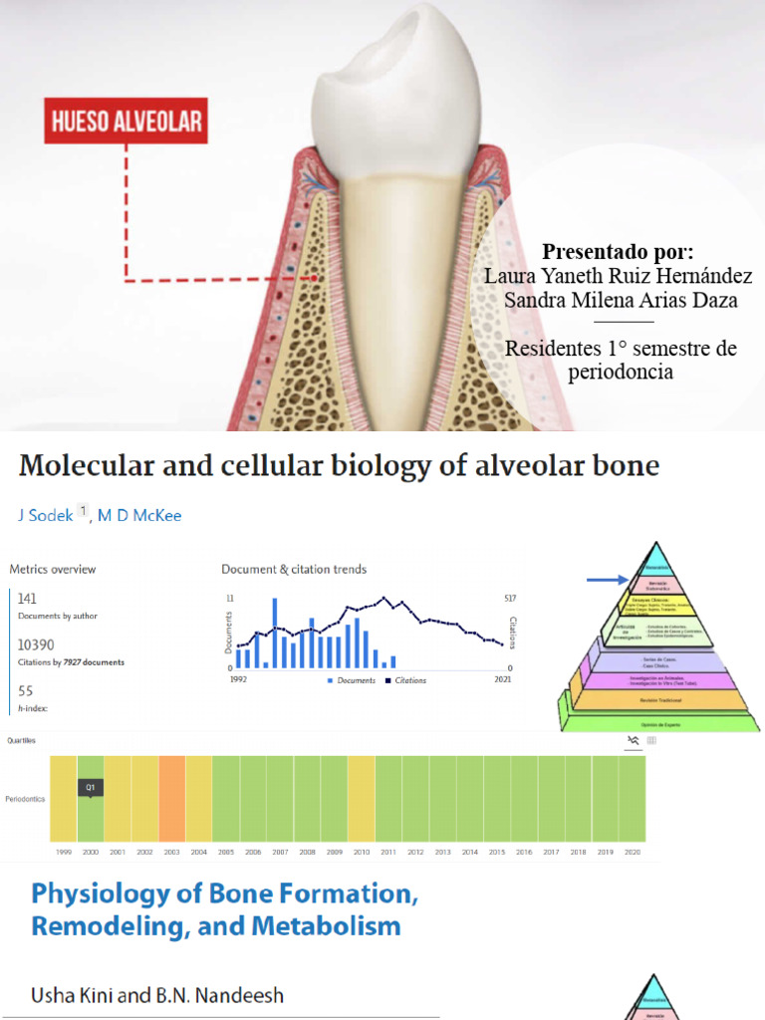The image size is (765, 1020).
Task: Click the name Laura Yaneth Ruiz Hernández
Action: coord(618,276)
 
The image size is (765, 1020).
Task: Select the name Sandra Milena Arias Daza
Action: coord(621,301)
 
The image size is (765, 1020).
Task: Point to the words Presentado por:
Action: coord(618,251)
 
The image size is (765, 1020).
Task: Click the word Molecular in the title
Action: coord(89,465)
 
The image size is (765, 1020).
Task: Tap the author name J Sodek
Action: coord(46,515)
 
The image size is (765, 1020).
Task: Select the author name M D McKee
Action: coord(139,515)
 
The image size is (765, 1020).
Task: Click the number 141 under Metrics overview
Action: coord(28,598)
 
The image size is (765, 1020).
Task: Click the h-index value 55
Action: coord(25,690)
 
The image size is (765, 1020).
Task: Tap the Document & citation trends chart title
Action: coord(294,570)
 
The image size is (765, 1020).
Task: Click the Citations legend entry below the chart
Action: coord(404,680)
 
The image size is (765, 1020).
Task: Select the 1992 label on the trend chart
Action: coord(238,679)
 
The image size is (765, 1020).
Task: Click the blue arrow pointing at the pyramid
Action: coord(605,579)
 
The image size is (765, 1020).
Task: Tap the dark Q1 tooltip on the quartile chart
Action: coord(91,787)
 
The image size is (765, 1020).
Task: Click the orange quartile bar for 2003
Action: coord(171,799)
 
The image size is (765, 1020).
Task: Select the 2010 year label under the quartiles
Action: coord(361,853)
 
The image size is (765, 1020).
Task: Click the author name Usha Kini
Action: coord(67,995)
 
